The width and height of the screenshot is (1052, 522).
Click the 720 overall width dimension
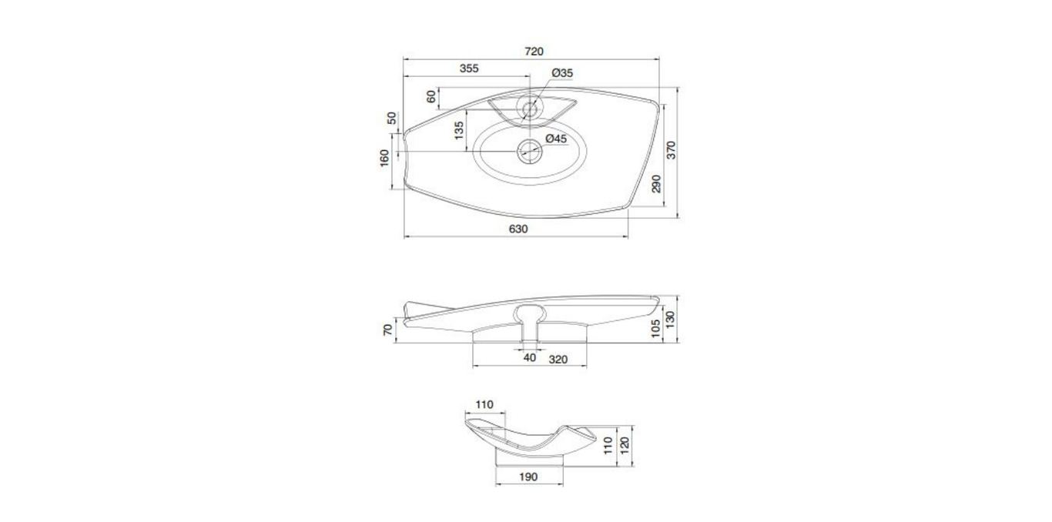534,51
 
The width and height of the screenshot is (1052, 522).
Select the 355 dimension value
469,69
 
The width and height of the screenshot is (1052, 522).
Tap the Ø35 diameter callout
562,73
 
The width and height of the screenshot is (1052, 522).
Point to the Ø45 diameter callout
556,139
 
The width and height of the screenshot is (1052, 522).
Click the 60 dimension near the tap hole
431,97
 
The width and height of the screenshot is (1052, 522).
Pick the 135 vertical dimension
459,131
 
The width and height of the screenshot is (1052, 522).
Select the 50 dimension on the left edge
392,119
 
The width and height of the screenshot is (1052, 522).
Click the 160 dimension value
384,158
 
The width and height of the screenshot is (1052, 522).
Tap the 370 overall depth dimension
671,150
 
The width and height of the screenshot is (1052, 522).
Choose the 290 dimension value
657,183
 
